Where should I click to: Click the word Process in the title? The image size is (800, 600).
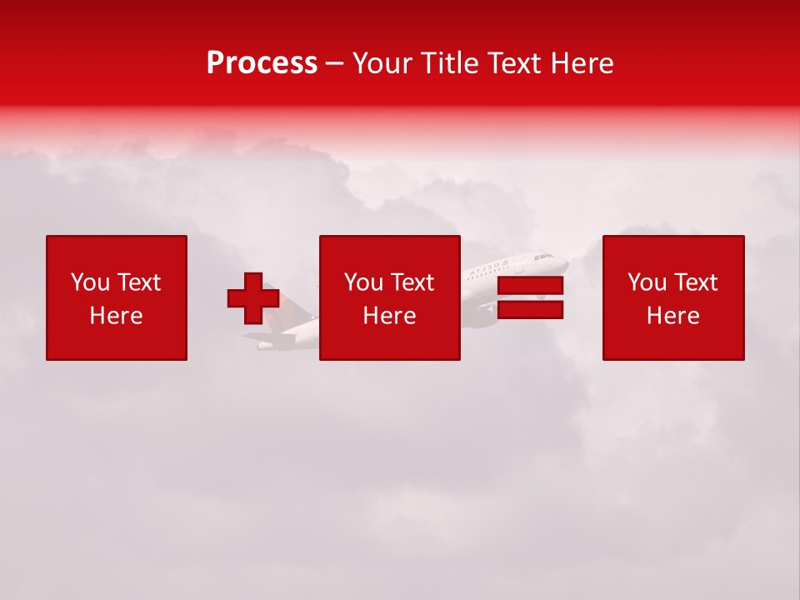click(x=262, y=62)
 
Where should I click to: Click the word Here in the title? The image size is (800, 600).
click(x=582, y=62)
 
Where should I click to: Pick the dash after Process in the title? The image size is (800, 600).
click(x=335, y=64)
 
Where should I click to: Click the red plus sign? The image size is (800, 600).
click(x=253, y=298)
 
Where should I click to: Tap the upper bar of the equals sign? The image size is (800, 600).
click(x=530, y=286)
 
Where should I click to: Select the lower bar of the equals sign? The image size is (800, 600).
click(x=530, y=310)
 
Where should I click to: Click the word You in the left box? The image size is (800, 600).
click(x=90, y=282)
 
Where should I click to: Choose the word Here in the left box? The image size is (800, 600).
click(x=116, y=316)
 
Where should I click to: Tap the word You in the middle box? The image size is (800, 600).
click(x=363, y=282)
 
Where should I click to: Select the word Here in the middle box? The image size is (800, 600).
click(x=389, y=316)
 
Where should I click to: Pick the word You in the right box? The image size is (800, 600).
click(x=647, y=282)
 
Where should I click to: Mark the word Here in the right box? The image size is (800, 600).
click(x=672, y=316)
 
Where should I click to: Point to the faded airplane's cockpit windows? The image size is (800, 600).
click(x=545, y=257)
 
